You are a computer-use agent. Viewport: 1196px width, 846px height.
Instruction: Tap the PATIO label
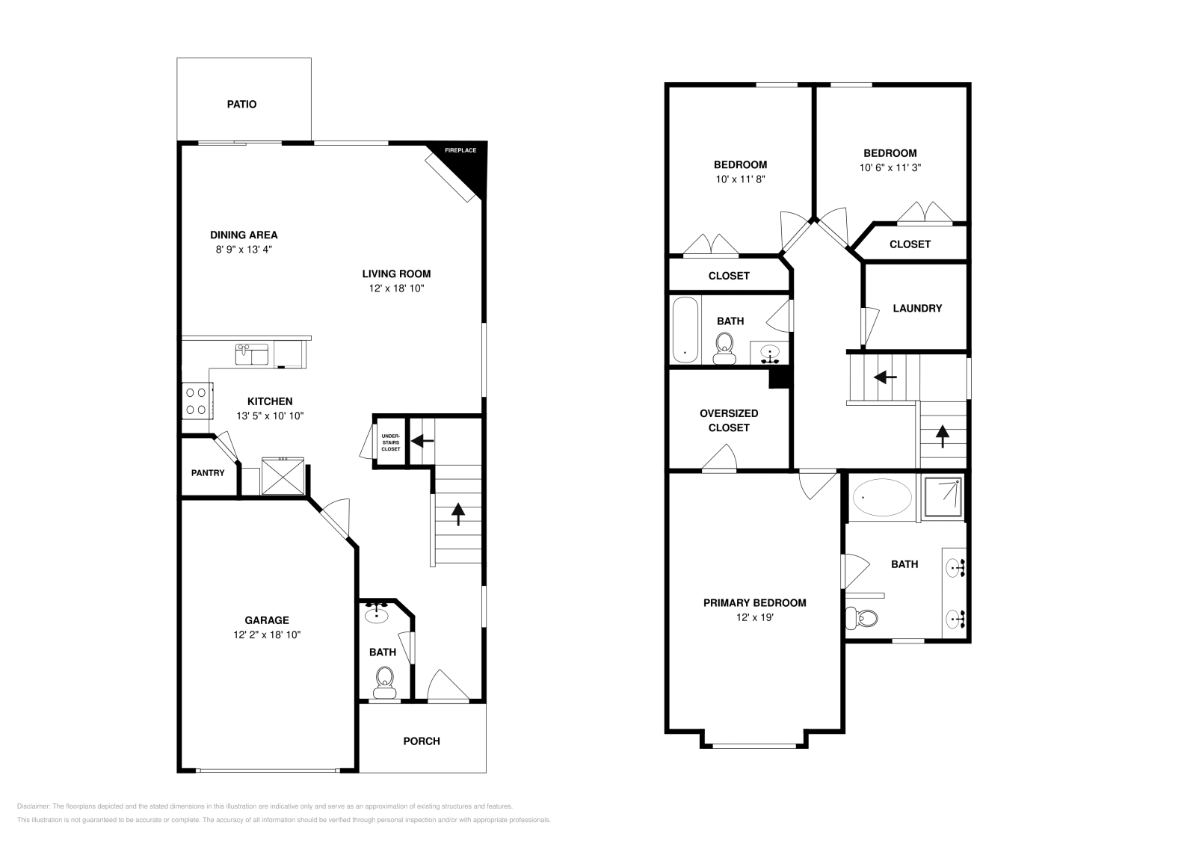pos(241,105)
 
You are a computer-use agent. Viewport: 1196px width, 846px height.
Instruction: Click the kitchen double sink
pos(252,354)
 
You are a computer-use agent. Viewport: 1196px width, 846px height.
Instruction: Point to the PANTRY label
pos(208,473)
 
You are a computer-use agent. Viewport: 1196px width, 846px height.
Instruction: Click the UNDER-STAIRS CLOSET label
pos(390,442)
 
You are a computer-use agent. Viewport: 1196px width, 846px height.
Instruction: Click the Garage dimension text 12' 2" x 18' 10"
pos(267,634)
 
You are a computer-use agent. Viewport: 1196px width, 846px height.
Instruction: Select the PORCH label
pos(422,741)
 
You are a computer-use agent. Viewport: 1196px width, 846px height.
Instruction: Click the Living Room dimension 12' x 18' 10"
pos(396,288)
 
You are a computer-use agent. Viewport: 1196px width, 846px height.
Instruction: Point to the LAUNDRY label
pos(917,308)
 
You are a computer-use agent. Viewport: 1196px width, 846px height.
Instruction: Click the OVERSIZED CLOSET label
pos(729,420)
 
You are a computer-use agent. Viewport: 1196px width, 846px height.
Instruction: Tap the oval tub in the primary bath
pos(882,498)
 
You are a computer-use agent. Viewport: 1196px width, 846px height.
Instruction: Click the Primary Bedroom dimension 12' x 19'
pos(754,617)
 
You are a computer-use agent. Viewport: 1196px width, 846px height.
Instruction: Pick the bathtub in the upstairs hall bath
pos(685,330)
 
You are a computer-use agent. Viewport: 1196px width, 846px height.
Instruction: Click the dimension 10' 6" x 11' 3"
pos(890,168)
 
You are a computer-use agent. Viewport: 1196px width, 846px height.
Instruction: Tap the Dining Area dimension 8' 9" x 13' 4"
pos(244,250)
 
